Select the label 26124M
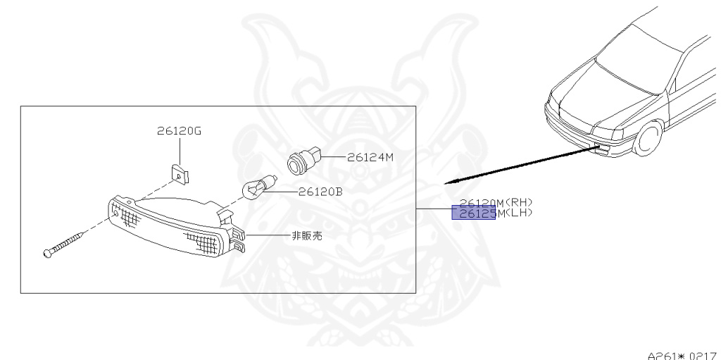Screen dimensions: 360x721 coord(370,157)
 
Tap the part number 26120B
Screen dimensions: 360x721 coord(320,191)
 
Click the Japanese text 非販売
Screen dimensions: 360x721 coord(307,236)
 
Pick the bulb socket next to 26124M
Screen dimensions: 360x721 coord(301,161)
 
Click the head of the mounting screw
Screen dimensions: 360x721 coord(48,252)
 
